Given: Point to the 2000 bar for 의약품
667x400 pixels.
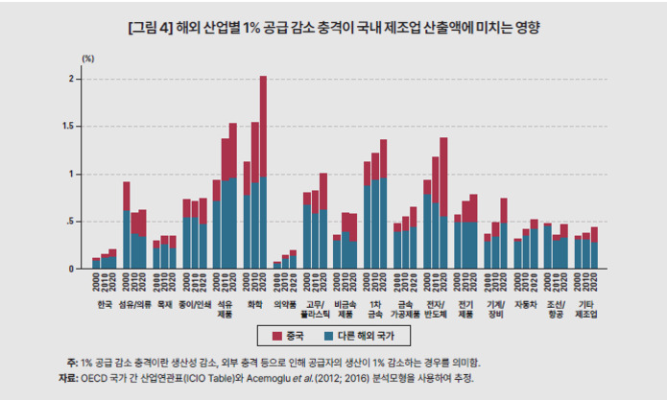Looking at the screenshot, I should coord(277,265).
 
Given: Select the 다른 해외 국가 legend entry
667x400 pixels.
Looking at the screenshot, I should coord(358,335).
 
